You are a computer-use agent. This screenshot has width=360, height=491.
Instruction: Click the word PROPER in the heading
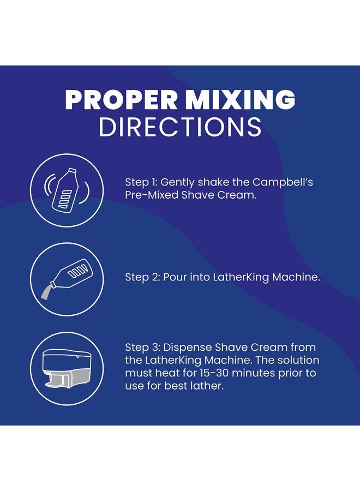tap(121, 100)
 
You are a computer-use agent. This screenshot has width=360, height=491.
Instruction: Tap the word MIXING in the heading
tap(240, 100)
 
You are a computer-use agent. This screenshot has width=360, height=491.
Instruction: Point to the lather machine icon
tap(67, 368)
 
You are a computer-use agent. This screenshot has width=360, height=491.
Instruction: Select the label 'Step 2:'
tap(142, 277)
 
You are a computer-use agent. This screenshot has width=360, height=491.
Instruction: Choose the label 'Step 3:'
tap(142, 348)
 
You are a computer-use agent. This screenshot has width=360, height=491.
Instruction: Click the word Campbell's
tap(283, 182)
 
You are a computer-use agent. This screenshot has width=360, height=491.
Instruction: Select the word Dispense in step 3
tap(187, 348)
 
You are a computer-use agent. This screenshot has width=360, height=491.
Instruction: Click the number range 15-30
tap(213, 373)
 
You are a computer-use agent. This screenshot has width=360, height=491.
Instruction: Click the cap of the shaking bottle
tap(73, 171)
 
